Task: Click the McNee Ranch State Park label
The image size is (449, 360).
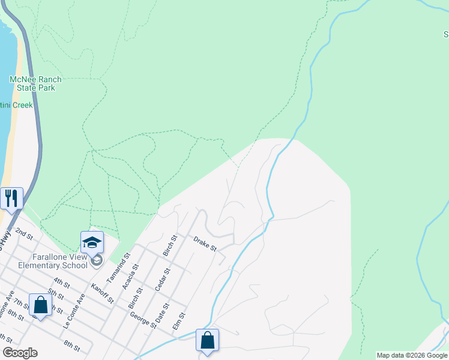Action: click(32, 83)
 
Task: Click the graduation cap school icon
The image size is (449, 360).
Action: click(92, 242)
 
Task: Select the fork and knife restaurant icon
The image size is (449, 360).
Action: click(11, 197)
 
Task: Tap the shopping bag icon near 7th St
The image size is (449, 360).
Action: click(40, 305)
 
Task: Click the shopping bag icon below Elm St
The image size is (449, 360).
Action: click(207, 340)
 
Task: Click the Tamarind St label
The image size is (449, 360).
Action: click(118, 268)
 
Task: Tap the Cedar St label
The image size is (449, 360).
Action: click(162, 279)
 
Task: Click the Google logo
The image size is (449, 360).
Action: click(20, 353)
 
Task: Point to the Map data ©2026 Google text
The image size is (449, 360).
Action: click(412, 355)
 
